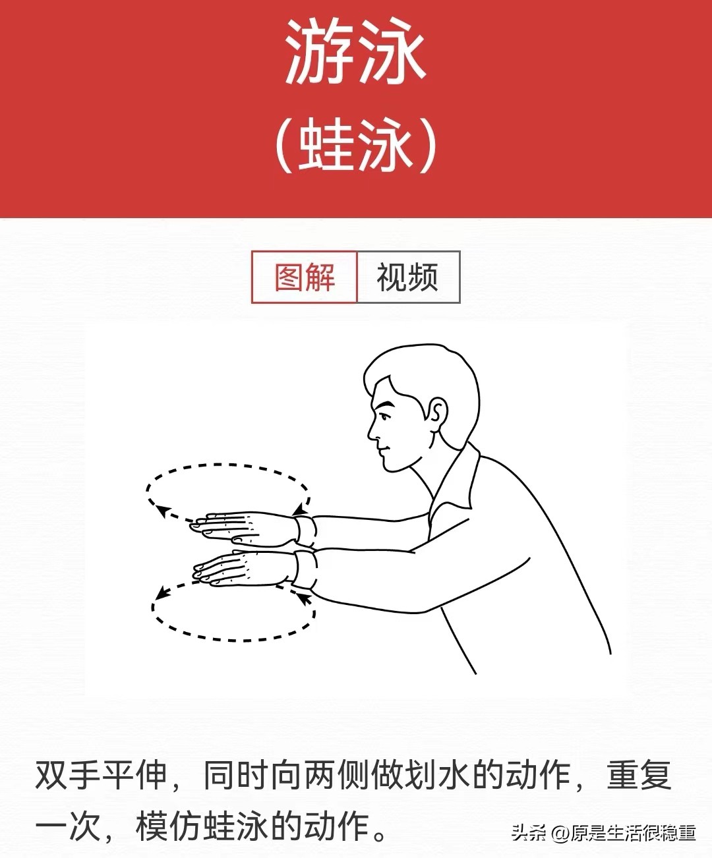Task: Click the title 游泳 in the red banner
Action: coord(355,53)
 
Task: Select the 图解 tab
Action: coord(305,277)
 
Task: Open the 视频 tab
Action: coord(407,277)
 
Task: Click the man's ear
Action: coord(436,415)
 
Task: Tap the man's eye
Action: coord(385,414)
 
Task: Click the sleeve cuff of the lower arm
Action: coord(305,569)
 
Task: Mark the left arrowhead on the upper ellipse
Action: coord(160,509)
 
